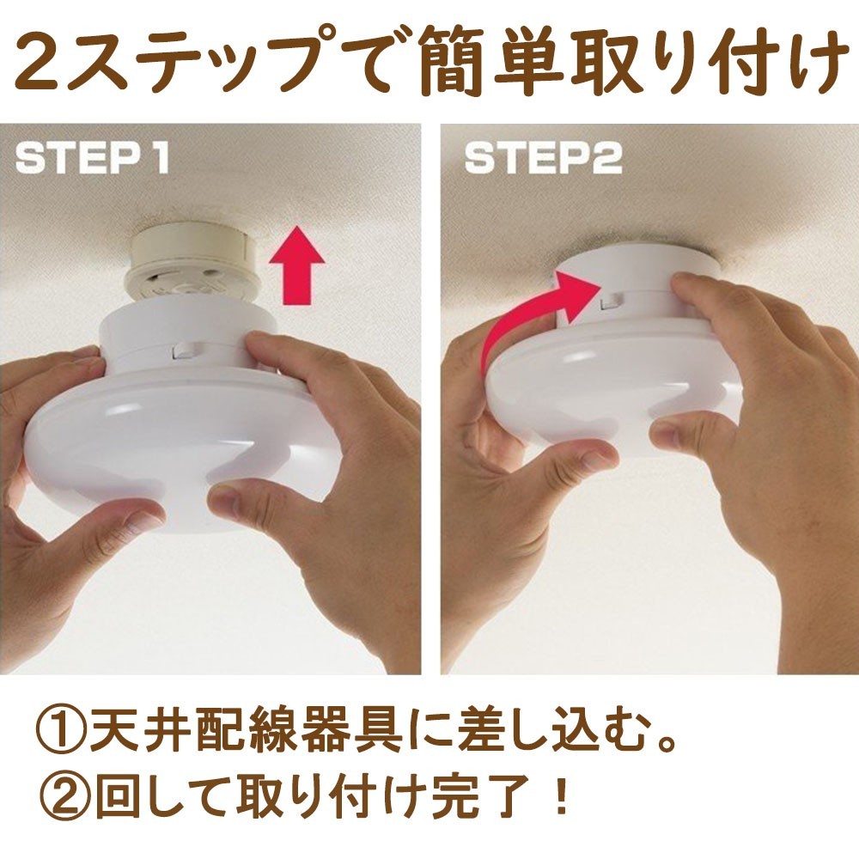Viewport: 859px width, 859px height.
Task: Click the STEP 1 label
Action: click(92, 158)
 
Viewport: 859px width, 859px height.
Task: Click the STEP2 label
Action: click(543, 158)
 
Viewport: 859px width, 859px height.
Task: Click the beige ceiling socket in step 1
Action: click(192, 267)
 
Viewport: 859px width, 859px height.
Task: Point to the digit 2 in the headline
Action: click(41, 63)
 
